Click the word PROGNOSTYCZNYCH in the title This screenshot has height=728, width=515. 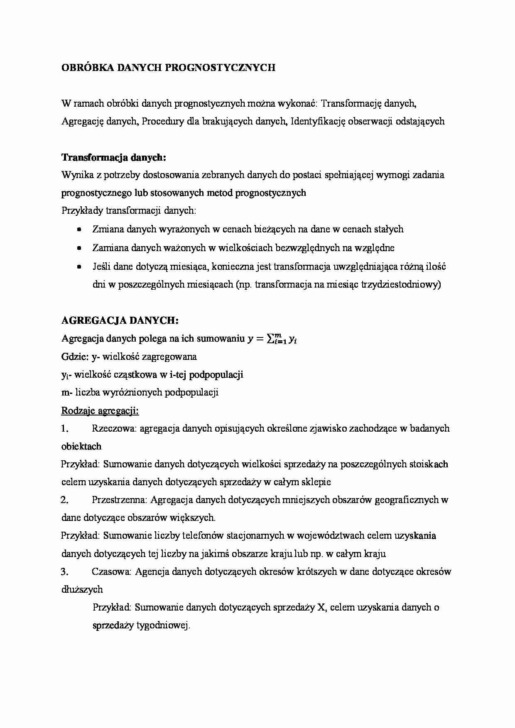[x=220, y=68]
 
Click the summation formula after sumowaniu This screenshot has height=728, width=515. [x=272, y=339]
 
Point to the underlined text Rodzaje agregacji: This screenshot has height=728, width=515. [x=100, y=411]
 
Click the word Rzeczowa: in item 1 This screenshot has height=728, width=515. [x=114, y=428]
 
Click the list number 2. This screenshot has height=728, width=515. [x=64, y=500]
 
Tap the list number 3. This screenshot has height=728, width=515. [x=64, y=572]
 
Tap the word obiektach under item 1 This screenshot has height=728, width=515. [x=81, y=446]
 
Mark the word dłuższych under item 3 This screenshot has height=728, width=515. [x=82, y=589]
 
